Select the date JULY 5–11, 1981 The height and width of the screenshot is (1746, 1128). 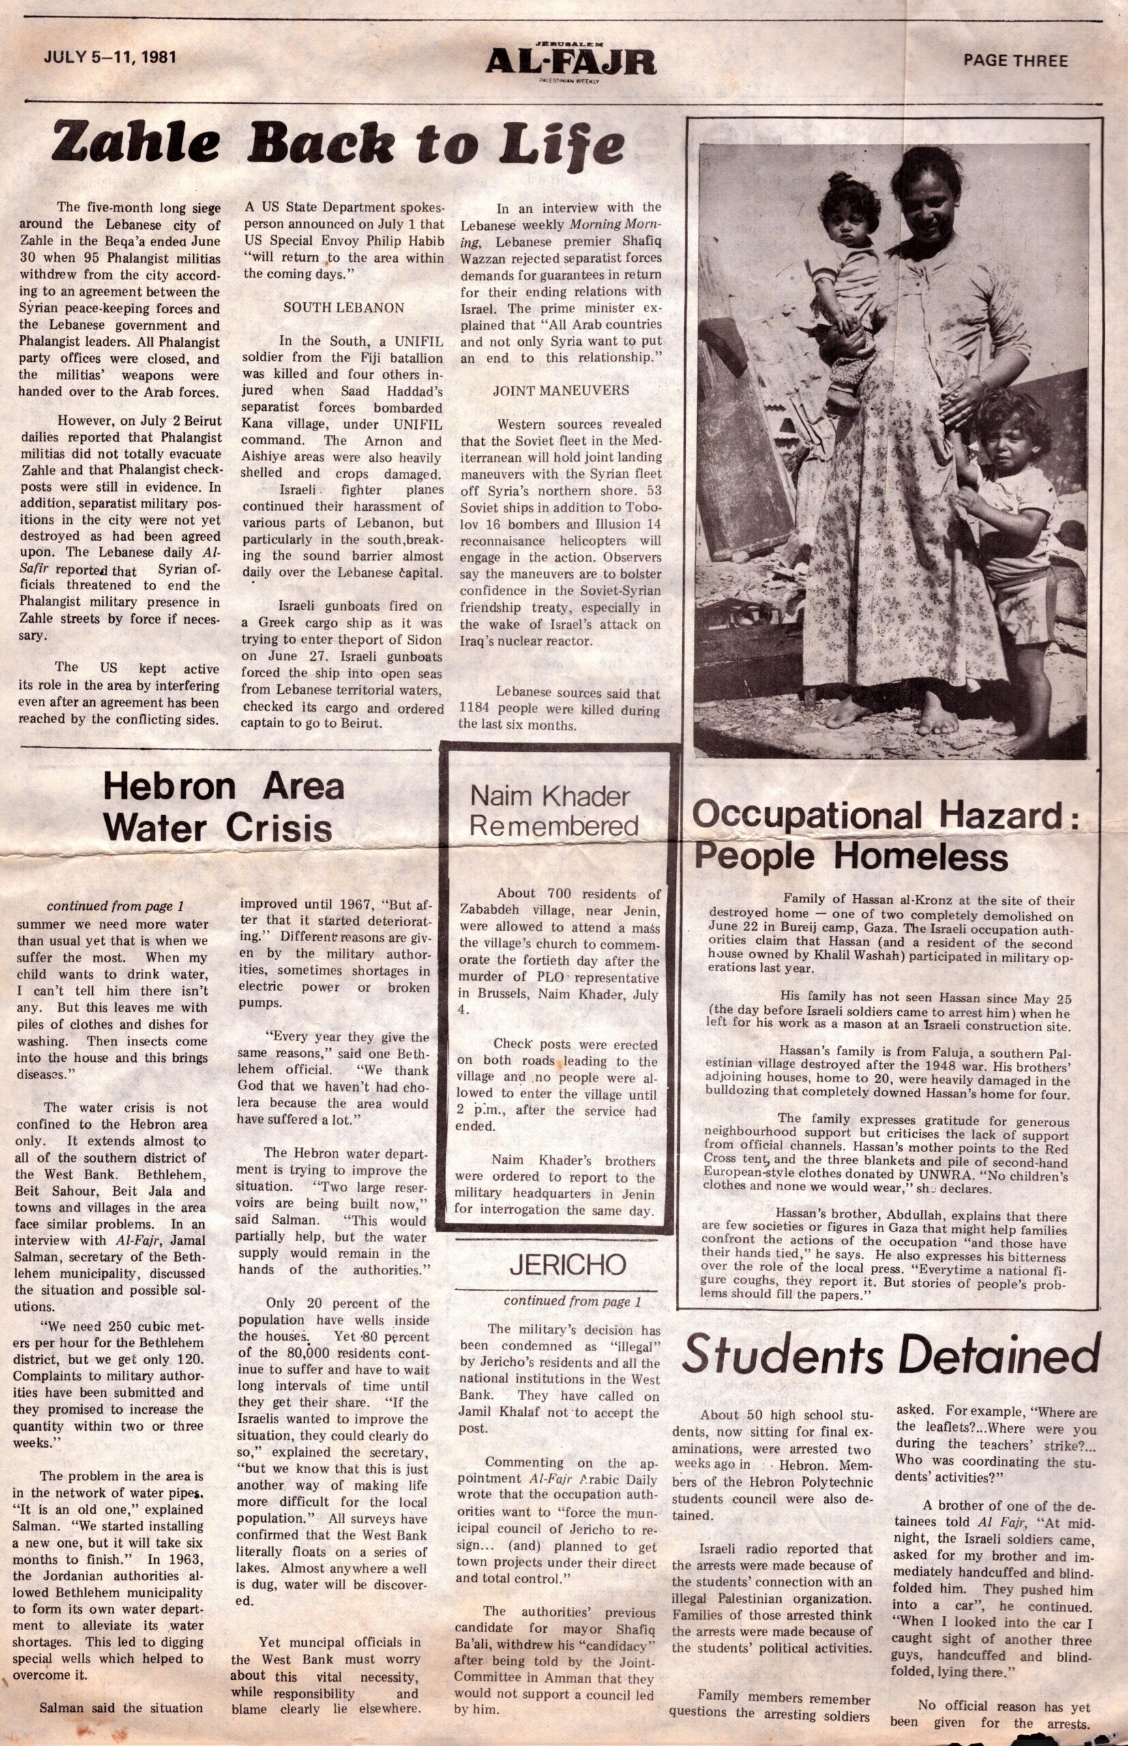click(110, 57)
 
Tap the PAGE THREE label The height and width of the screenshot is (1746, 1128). click(1015, 61)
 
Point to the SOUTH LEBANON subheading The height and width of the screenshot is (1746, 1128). click(344, 308)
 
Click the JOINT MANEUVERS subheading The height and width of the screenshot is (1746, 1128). click(561, 390)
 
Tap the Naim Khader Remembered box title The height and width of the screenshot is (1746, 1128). click(554, 811)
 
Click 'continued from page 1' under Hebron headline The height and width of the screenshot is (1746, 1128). click(115, 906)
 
